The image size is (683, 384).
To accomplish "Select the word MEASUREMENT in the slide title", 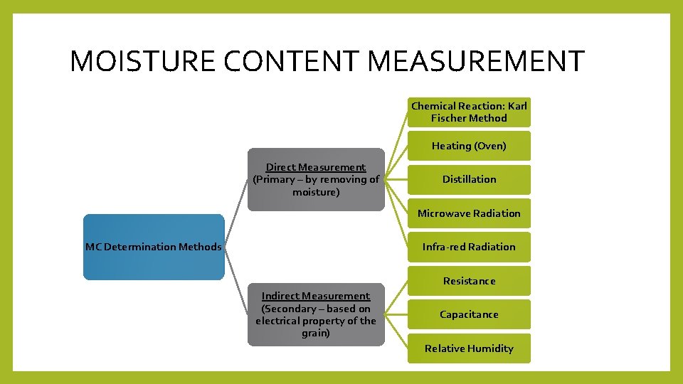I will [477, 61].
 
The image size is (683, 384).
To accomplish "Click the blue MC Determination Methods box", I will [153, 247].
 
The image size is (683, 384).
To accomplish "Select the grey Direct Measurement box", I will [316, 179].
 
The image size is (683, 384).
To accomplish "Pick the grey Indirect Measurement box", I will [316, 314].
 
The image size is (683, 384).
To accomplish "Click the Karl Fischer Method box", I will [469, 112].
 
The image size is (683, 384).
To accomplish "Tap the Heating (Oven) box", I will [469, 146].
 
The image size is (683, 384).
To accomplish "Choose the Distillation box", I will [469, 179].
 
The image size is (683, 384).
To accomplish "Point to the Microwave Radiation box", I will [469, 213].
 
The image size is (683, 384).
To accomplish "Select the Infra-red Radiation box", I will [469, 247].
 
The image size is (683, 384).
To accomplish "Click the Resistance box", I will [469, 281].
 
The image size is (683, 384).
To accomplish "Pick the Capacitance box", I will [469, 314].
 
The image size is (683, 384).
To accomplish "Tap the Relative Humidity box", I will [469, 348].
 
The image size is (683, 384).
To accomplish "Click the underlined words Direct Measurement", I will [316, 167].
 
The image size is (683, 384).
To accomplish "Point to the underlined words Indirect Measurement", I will [316, 296].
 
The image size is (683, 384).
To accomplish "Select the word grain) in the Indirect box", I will [316, 333].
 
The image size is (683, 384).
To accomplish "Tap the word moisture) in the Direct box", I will [316, 192].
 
